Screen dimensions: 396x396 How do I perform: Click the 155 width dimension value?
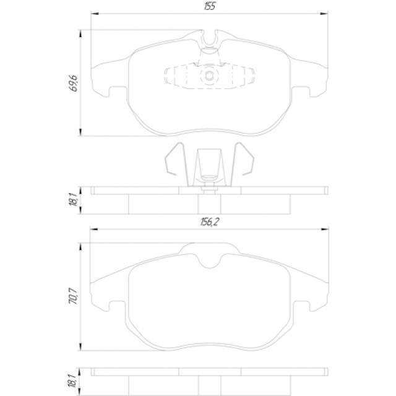209,6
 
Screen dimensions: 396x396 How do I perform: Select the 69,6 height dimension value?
73,83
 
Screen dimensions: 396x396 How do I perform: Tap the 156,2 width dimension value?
210,222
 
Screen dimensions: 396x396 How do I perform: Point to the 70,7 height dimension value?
74,296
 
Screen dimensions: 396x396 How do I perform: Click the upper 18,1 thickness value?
73,199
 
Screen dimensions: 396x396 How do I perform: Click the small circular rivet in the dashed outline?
209,75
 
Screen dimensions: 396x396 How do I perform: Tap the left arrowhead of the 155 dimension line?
95,14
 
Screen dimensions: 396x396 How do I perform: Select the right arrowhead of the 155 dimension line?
324,14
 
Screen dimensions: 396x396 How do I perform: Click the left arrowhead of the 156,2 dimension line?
94,229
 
